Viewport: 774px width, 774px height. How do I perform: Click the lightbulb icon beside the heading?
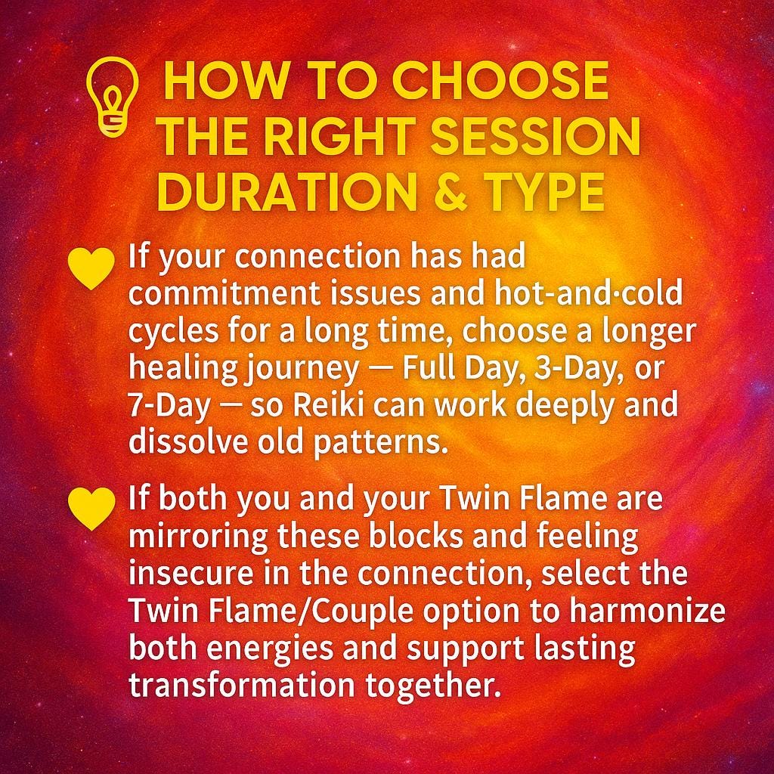click(x=113, y=96)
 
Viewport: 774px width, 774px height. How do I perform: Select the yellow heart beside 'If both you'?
click(x=91, y=507)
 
